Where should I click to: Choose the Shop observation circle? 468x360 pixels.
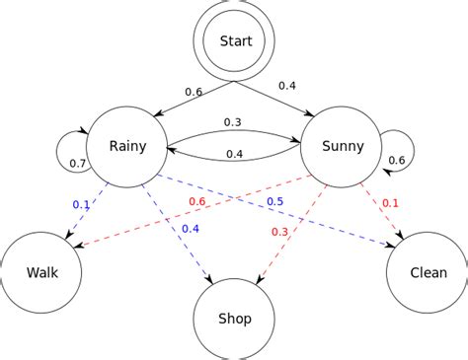pyautogui.click(x=234, y=318)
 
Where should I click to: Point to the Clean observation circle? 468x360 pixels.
pyautogui.click(x=428, y=273)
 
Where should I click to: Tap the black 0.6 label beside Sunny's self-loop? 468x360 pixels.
pyautogui.click(x=396, y=161)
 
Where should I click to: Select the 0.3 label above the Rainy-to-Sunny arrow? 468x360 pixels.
pyautogui.click(x=233, y=122)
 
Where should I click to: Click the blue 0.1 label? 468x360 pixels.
pyautogui.click(x=80, y=204)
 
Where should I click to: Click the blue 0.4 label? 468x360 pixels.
pyautogui.click(x=191, y=230)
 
